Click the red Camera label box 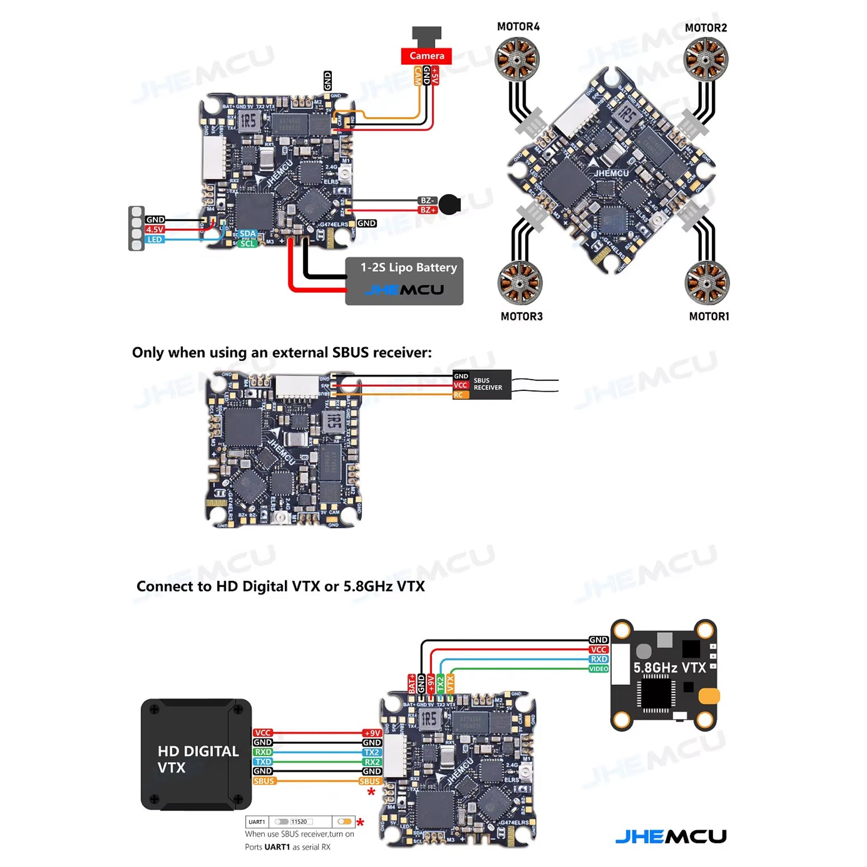(x=426, y=56)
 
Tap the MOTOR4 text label (x=518, y=27)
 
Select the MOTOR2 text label (x=706, y=28)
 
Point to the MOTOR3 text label (x=522, y=316)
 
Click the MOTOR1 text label (x=709, y=316)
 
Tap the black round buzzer (x=449, y=204)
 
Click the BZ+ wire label (x=428, y=210)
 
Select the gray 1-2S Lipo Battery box (x=404, y=281)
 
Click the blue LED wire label (x=154, y=240)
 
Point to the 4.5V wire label (x=154, y=230)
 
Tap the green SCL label (x=247, y=244)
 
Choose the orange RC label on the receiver (x=460, y=395)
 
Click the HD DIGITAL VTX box (x=196, y=754)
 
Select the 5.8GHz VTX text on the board (x=669, y=668)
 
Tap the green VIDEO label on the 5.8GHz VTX (x=598, y=669)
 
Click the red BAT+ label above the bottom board (x=412, y=684)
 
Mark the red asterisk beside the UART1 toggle (x=360, y=822)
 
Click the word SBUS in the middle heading (x=351, y=352)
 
